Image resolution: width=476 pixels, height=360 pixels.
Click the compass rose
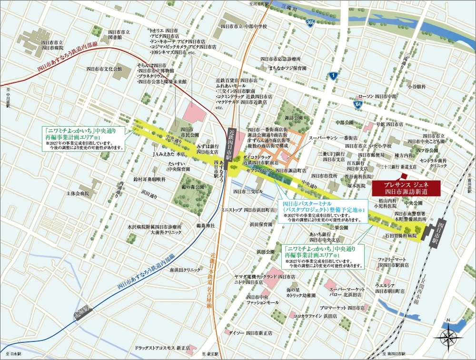point(449,336)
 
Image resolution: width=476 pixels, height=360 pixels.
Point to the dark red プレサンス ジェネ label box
point(406,188)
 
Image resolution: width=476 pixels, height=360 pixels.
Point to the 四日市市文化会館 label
point(104,69)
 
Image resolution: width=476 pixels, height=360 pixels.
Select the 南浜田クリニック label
point(185,270)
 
